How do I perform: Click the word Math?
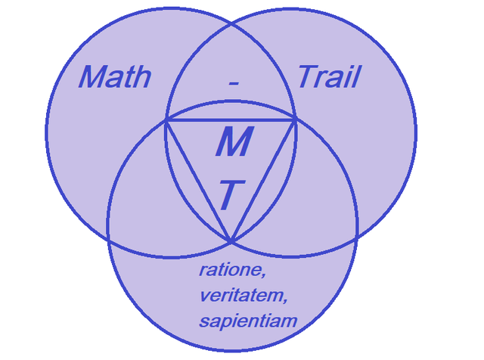115,77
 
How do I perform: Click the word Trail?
328,76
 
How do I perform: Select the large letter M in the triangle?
231,142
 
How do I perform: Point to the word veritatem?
243,295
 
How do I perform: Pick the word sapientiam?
248,321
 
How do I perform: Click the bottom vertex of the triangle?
231,241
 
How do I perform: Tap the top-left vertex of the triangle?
166,119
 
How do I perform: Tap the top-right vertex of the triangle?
296,119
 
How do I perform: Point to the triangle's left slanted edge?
198,179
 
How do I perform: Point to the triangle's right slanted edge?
264,179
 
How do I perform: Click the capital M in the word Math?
92,77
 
